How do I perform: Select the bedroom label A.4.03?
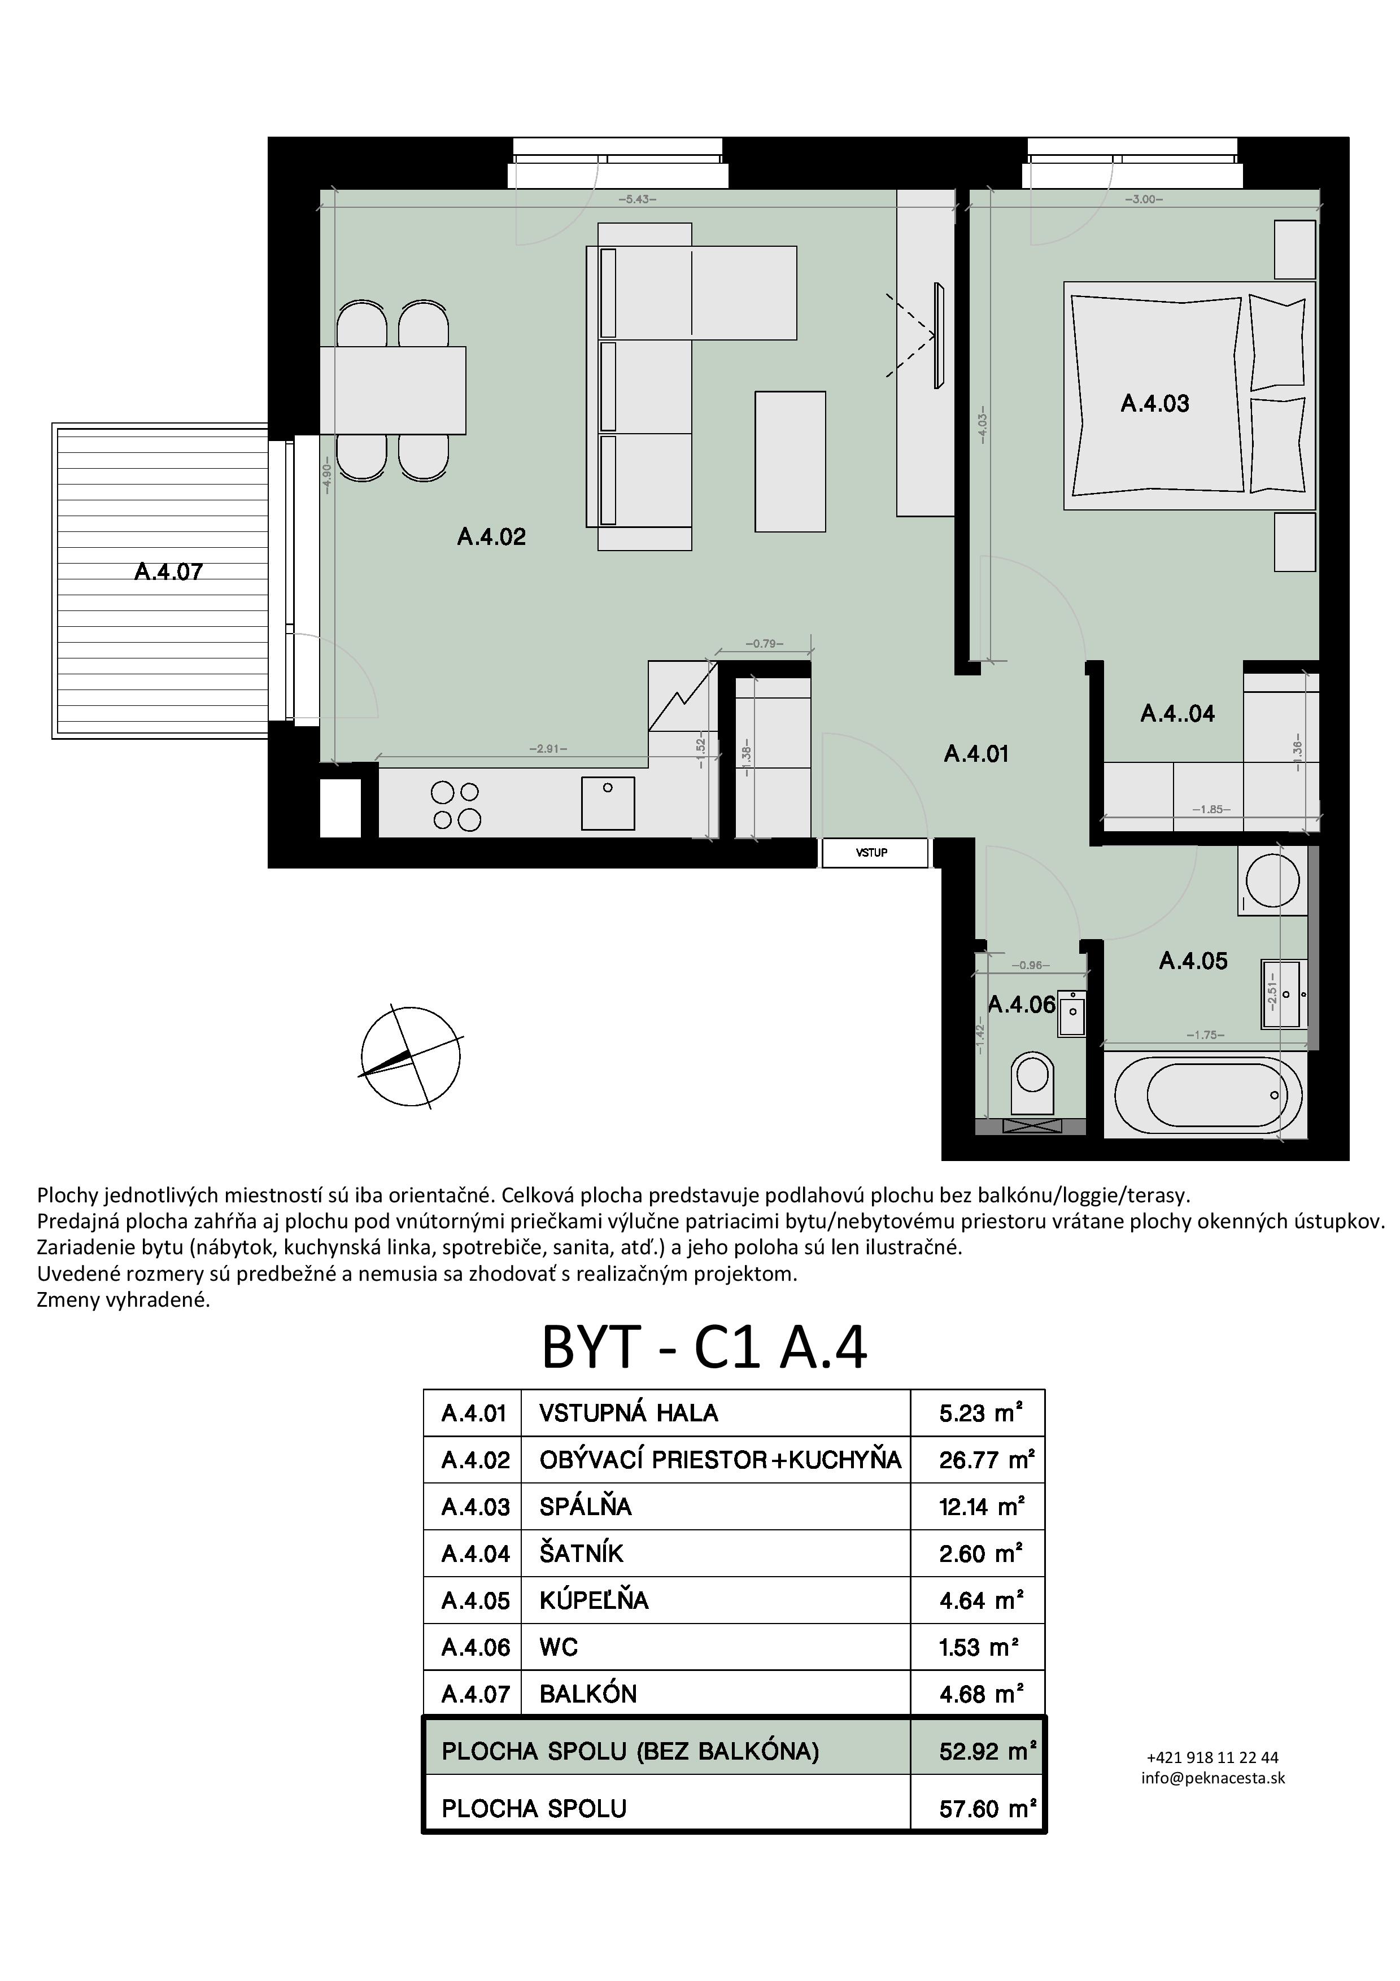point(1154,403)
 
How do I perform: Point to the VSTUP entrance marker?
point(871,853)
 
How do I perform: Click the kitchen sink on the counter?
point(608,802)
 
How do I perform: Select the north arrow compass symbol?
point(410,1055)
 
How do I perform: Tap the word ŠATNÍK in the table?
point(581,1552)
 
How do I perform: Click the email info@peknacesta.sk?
point(1213,1777)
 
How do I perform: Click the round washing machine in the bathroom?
point(1272,880)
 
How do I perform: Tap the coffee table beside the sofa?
point(790,461)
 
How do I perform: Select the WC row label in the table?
point(558,1647)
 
